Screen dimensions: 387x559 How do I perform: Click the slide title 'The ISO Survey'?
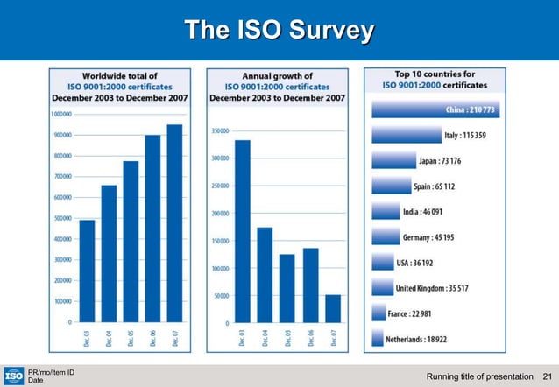[279, 32]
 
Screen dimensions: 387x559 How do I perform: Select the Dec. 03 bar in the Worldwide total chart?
[87, 271]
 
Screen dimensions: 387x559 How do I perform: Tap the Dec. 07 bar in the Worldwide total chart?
[174, 223]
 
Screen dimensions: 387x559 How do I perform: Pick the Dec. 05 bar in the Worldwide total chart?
[131, 242]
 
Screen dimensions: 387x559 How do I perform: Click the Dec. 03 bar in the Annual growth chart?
[243, 232]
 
